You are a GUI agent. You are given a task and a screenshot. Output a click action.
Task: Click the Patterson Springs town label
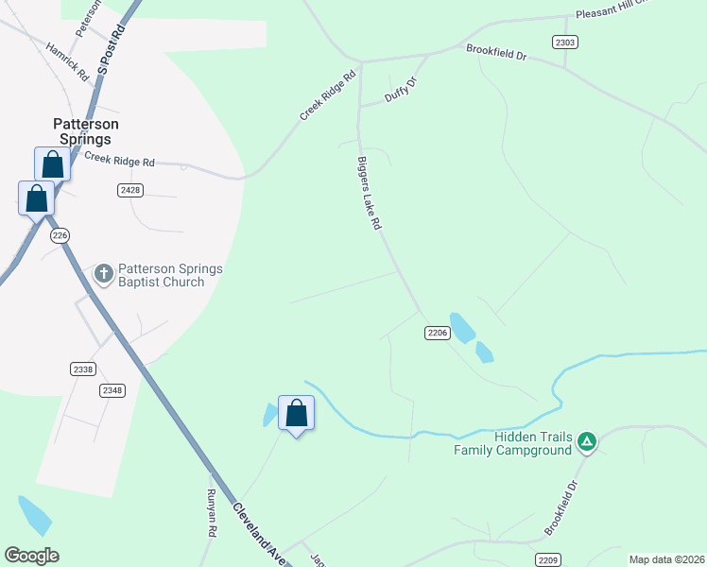[85, 131]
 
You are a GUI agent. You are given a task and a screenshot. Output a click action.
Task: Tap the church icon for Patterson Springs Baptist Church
[104, 274]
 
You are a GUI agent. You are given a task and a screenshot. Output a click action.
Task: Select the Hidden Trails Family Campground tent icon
[587, 441]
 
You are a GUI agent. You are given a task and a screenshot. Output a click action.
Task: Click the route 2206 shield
[437, 333]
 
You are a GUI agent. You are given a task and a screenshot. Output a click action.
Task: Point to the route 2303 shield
[565, 42]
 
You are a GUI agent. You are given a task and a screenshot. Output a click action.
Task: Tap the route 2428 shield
[130, 190]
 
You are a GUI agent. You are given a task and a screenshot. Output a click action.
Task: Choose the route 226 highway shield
[60, 235]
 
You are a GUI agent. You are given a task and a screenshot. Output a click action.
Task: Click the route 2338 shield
[82, 369]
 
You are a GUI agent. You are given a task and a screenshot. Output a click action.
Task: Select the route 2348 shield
[112, 389]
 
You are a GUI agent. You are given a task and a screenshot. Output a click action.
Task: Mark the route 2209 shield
[548, 558]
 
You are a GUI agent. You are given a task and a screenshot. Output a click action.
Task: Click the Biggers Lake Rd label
[369, 193]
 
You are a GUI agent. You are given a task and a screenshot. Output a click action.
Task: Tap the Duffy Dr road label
[401, 91]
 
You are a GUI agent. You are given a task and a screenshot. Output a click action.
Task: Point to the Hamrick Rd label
[66, 60]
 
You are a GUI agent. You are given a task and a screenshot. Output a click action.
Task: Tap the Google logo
[31, 556]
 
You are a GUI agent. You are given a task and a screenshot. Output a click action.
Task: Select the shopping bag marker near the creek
[297, 413]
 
